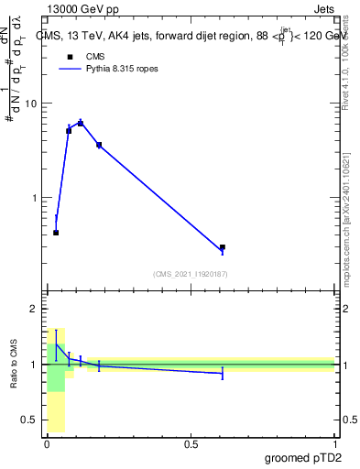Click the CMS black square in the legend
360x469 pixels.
pos(68,56)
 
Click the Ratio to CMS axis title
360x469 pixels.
pos(15,365)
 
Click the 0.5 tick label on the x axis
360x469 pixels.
pos(191,444)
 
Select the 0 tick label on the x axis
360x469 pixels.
pos(48,444)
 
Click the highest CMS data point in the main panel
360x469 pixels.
pos(81,123)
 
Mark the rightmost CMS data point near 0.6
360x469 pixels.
pos(223,247)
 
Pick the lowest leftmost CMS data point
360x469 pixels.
pos(56,233)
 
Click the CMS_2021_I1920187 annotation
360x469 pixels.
pos(191,274)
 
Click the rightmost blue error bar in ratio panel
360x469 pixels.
pos(223,373)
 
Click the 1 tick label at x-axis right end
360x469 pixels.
pos(335,444)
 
